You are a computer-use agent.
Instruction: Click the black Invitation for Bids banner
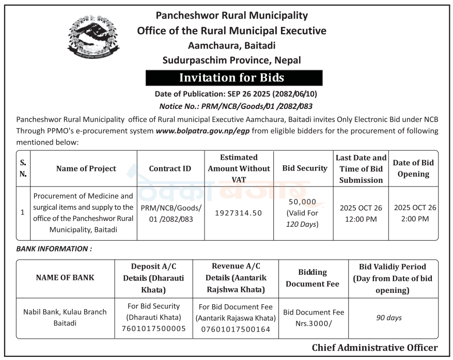pyautogui.click(x=233, y=78)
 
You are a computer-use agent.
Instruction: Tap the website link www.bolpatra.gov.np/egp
pyautogui.click(x=203, y=131)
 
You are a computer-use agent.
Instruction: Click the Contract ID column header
pyautogui.click(x=170, y=168)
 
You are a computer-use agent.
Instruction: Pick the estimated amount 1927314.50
pyautogui.click(x=239, y=213)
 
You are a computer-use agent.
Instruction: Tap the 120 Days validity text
pyautogui.click(x=302, y=224)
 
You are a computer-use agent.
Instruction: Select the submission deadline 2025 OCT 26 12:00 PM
pyautogui.click(x=361, y=213)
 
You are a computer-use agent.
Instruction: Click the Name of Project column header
pyautogui.click(x=86, y=168)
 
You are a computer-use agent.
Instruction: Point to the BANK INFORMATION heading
pyautogui.click(x=54, y=248)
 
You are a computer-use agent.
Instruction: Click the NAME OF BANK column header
pyautogui.click(x=65, y=277)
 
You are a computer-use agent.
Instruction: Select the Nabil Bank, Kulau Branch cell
pyautogui.click(x=65, y=317)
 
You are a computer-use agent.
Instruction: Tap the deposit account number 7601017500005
pyautogui.click(x=153, y=328)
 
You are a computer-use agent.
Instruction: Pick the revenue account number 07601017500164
pyautogui.click(x=235, y=328)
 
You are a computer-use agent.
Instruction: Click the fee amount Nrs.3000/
pyautogui.click(x=314, y=323)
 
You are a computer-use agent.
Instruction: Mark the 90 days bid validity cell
pyautogui.click(x=389, y=318)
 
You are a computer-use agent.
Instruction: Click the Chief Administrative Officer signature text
pyautogui.click(x=374, y=348)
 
